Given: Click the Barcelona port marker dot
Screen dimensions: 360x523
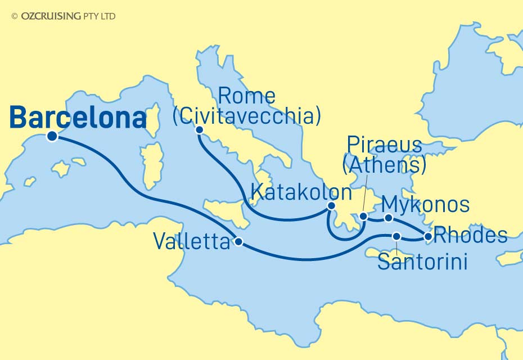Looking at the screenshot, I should tap(52, 136).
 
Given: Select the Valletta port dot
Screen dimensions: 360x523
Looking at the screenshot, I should tap(238, 242).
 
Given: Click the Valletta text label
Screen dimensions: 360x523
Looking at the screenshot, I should tap(191, 243).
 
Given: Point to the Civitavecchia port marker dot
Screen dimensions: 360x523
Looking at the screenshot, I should tap(199, 130).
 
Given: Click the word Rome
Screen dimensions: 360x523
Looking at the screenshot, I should tap(246, 96).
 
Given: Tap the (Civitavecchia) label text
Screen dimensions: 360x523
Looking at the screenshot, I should tap(246, 116).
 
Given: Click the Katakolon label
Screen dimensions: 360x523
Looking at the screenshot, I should tap(301, 193).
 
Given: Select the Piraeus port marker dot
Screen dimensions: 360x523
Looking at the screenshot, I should tap(364, 216).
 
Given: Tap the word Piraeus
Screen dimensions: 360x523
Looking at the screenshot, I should tap(384, 146).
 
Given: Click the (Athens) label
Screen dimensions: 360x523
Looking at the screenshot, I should tap(384, 165).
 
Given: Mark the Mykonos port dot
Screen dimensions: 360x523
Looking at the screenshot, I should tap(387, 217).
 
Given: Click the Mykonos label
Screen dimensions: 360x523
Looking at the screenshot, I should tap(425, 205).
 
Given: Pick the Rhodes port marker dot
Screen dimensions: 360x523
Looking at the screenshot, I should tap(428, 237).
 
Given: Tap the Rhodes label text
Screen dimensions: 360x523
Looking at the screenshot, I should tap(471, 236).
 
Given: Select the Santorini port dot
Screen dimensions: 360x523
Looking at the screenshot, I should tap(396, 237).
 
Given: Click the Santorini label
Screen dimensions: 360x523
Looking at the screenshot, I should tap(422, 262).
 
